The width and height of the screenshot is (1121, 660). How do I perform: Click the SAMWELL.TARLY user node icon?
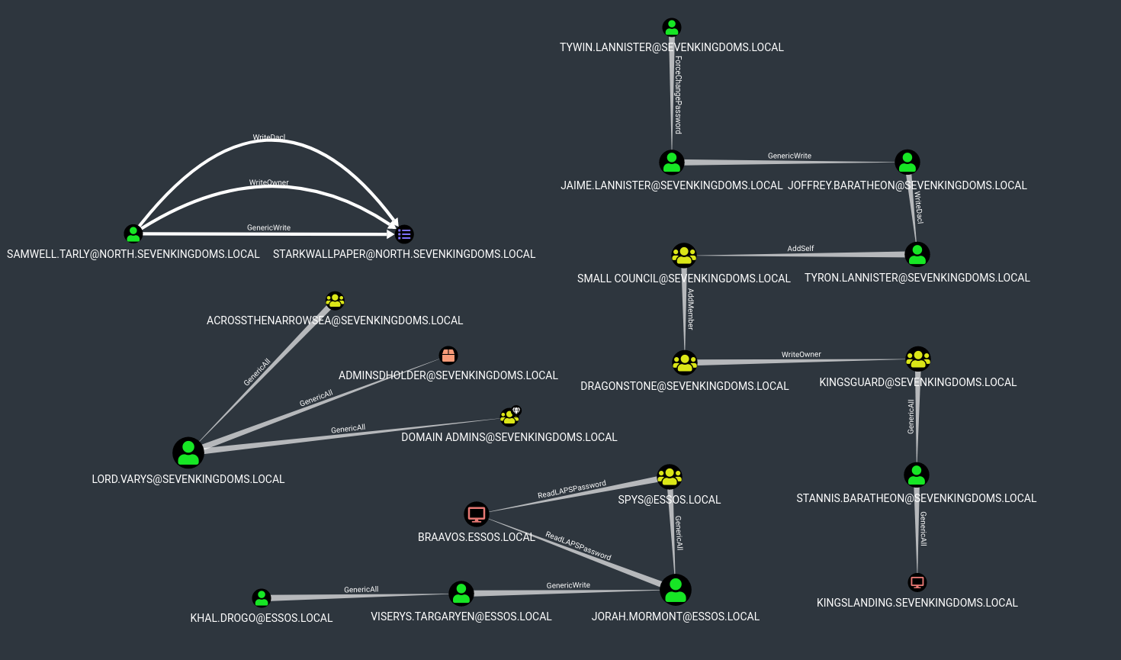coord(133,233)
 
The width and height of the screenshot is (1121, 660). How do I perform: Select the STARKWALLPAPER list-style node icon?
coord(404,234)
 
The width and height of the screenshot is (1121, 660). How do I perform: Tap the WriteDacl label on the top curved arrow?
coord(269,138)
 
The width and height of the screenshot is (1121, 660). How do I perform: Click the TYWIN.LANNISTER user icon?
coord(671,28)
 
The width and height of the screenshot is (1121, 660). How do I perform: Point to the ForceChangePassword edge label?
coord(678,95)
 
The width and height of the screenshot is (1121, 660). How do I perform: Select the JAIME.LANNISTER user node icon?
coord(672,162)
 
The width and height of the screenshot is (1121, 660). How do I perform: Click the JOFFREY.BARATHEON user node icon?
coord(907,162)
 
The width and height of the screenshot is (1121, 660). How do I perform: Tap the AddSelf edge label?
coord(801,249)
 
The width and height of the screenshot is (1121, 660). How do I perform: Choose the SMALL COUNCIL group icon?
coord(684,255)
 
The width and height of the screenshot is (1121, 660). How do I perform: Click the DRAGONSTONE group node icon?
coord(685,362)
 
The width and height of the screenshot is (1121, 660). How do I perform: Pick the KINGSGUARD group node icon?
coord(918,359)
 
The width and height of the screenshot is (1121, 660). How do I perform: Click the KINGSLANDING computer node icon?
coord(917,582)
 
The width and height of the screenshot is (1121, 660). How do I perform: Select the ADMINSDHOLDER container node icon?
coord(448,356)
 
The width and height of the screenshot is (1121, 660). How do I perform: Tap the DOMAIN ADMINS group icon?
coord(509,417)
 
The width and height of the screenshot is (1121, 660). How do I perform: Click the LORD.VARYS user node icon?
coord(188,452)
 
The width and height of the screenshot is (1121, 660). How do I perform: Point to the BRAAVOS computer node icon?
coord(477,514)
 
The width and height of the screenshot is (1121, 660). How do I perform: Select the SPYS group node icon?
coord(670,478)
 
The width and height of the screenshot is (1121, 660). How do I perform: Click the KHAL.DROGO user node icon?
coord(262,598)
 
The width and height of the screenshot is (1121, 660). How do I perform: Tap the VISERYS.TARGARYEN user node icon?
coord(461,593)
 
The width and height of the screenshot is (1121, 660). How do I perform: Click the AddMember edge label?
coord(690,308)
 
